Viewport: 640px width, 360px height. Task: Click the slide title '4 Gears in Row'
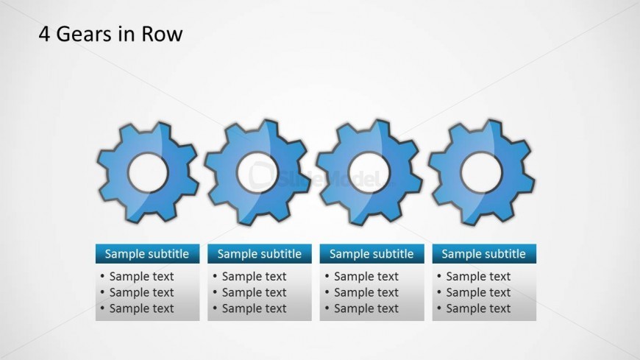(110, 34)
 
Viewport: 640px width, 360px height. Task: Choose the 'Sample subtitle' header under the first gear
(147, 254)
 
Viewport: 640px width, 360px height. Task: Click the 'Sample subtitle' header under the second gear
(259, 254)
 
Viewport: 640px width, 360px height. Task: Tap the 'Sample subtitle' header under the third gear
(371, 254)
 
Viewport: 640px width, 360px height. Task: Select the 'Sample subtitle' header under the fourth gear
(483, 254)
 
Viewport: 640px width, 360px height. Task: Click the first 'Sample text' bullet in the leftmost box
(141, 277)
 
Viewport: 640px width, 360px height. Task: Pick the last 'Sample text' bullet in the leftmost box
(141, 308)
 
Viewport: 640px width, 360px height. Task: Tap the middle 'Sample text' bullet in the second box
(254, 292)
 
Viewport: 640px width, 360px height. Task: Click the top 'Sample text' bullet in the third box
(366, 277)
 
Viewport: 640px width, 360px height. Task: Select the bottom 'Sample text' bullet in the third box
(366, 308)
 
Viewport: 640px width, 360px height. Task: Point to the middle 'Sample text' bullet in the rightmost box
(478, 292)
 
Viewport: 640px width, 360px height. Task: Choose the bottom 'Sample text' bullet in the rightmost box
(478, 308)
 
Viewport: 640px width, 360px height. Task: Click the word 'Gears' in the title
(82, 34)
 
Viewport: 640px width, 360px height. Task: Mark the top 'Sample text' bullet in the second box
(254, 277)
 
